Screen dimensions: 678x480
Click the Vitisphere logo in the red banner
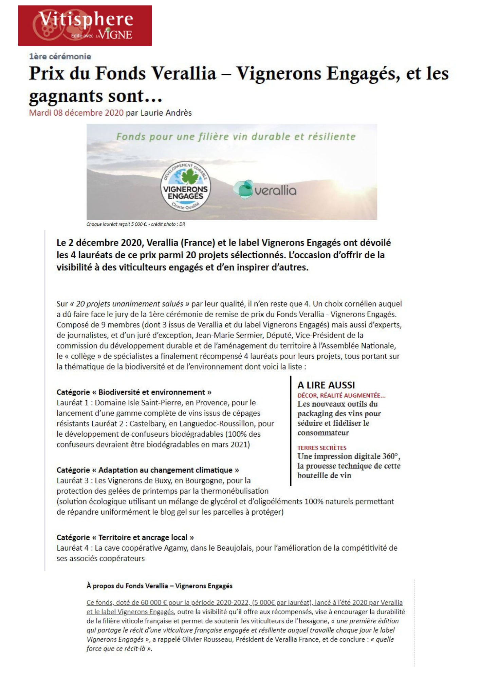85,25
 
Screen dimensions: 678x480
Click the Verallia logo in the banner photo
265,190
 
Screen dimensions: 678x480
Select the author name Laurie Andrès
166,113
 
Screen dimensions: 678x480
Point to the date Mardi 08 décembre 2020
76,113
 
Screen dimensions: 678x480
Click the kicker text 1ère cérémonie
60,57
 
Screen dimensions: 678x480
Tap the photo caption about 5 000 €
135,224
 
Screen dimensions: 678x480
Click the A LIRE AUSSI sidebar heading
326,385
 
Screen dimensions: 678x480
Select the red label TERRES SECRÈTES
322,448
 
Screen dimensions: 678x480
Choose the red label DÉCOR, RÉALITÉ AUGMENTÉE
341,395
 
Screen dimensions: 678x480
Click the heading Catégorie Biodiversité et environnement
134,392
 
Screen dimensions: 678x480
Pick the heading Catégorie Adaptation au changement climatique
148,470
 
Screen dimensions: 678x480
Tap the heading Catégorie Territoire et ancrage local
125,537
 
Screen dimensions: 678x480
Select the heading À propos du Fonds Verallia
159,586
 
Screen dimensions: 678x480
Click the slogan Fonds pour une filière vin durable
236,137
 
